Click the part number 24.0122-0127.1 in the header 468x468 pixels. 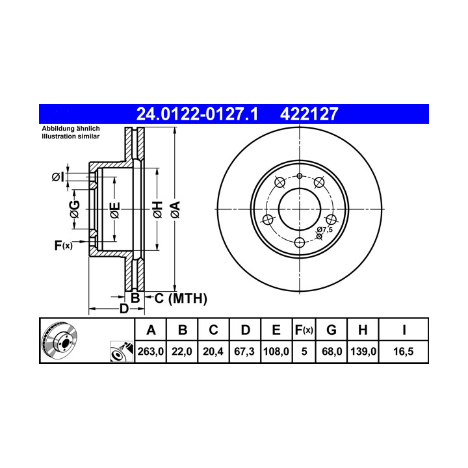point(197,114)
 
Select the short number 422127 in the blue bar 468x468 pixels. point(309,114)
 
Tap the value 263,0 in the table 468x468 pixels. point(150,352)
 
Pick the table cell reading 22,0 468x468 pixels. point(182,352)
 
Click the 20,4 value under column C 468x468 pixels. point(213,352)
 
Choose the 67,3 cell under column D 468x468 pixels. point(244,352)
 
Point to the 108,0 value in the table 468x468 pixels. point(276,352)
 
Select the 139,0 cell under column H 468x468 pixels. point(363,352)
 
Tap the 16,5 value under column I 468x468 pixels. point(403,352)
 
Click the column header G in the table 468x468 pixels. point(331,330)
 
